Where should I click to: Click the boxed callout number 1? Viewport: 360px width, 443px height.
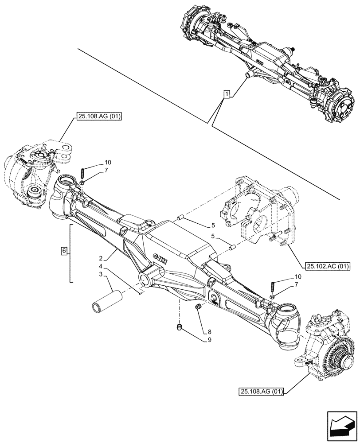(x=227, y=94)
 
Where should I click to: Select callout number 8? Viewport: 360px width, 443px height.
(x=208, y=331)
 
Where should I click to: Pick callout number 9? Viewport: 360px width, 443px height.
(x=208, y=340)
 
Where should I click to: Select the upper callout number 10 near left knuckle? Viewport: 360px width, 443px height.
(x=108, y=162)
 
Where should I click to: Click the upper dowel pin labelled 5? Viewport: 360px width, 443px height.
(x=180, y=217)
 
